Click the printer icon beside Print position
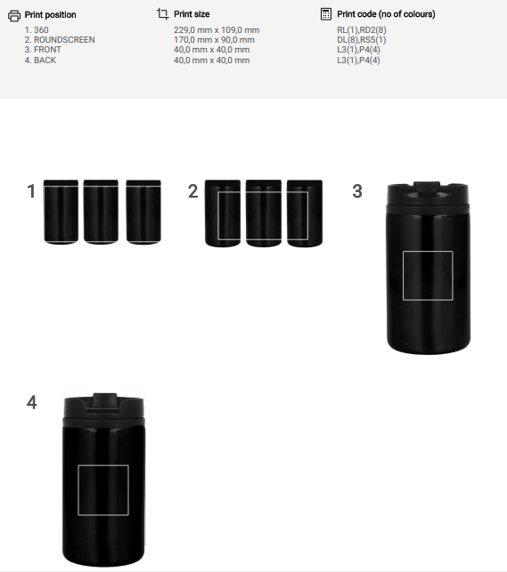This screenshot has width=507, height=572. tap(14, 16)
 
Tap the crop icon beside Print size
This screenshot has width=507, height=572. tap(162, 14)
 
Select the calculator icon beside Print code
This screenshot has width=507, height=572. tap(326, 14)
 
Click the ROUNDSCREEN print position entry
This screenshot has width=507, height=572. tap(60, 40)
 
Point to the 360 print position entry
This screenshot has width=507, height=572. tap(37, 30)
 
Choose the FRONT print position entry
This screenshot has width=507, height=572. tap(43, 50)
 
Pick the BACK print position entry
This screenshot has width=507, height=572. tap(40, 60)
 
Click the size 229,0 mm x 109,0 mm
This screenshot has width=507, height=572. tap(217, 30)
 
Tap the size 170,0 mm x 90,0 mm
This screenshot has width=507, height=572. tap(214, 40)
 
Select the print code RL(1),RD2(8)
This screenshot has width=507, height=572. tap(362, 30)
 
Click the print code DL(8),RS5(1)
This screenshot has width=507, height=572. tap(362, 40)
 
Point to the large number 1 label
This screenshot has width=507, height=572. tap(31, 191)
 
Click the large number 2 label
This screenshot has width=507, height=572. tap(192, 191)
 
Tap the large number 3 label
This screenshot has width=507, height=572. tap(357, 191)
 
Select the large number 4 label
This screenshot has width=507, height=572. tap(32, 402)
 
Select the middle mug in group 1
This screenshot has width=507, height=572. tap(101, 212)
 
